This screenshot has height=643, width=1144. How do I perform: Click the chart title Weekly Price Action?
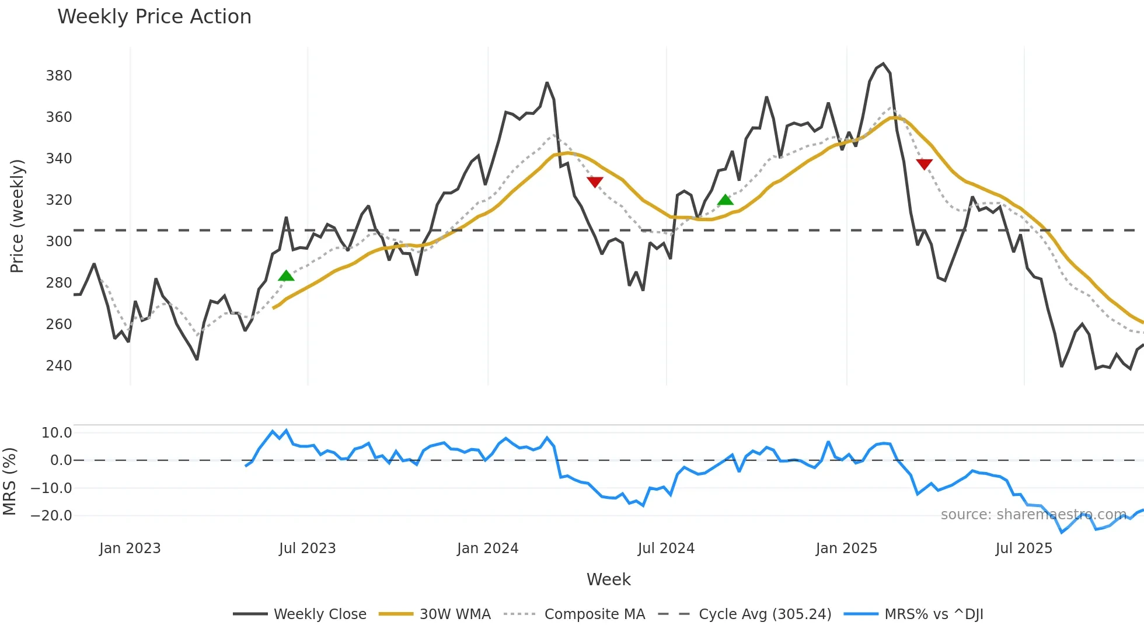[x=154, y=17]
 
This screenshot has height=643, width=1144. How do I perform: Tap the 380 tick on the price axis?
[x=59, y=76]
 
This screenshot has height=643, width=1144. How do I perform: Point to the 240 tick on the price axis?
[x=59, y=366]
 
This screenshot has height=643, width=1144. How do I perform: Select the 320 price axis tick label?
[x=59, y=200]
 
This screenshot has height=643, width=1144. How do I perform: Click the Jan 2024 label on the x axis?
[x=487, y=548]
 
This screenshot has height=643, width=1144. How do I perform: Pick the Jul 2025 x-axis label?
[x=1024, y=548]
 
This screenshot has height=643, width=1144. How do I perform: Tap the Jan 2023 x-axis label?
[x=130, y=548]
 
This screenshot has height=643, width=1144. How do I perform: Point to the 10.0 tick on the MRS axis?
[x=57, y=433]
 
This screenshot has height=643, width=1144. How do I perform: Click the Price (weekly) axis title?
[x=17, y=216]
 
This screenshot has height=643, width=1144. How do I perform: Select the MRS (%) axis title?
[x=9, y=481]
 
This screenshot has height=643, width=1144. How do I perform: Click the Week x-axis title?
[x=608, y=579]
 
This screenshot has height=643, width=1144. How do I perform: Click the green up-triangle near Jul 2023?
[x=286, y=276]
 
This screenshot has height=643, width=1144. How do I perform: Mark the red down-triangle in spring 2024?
[x=595, y=182]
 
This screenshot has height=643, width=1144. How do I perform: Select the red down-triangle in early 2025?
[x=924, y=164]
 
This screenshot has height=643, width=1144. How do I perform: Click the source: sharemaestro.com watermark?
[x=1033, y=515]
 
